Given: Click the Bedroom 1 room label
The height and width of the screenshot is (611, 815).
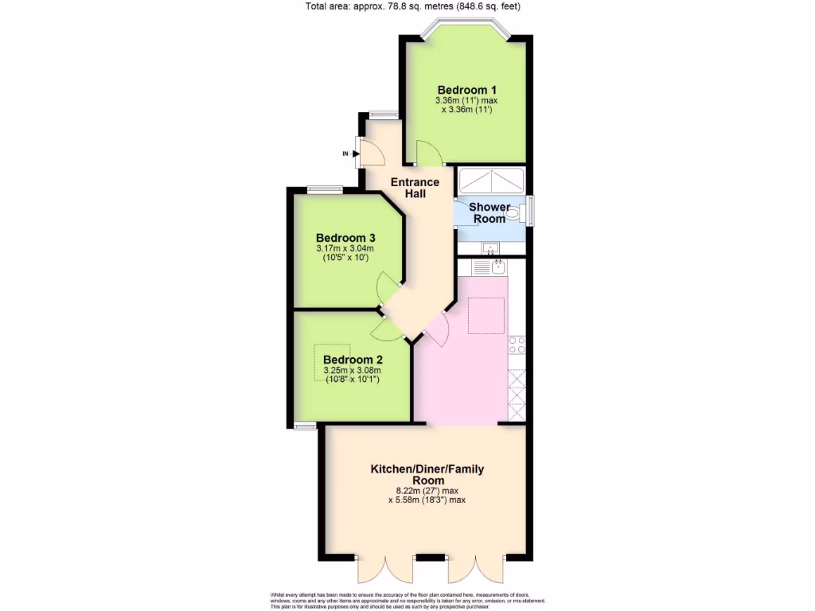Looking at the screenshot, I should click(x=466, y=89).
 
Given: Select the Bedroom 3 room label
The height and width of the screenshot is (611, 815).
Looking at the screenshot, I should click(x=345, y=238).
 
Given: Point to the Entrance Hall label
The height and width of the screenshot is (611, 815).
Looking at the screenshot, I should click(x=415, y=188).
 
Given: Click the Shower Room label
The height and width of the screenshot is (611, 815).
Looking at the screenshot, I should click(x=489, y=212).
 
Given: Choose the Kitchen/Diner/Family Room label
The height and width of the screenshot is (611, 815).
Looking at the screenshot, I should click(x=427, y=475).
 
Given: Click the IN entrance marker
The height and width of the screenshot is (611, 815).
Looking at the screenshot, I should click(x=345, y=154).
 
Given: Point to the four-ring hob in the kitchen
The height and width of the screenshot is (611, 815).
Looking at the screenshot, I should click(x=517, y=344).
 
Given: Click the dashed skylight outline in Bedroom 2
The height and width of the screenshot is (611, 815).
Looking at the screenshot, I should click(x=333, y=359).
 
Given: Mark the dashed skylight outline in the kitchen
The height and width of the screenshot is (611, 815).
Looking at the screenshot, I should click(x=485, y=315).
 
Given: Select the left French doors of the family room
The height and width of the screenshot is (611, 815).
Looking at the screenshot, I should click(x=384, y=568).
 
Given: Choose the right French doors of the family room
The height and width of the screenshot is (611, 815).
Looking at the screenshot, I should click(x=475, y=568).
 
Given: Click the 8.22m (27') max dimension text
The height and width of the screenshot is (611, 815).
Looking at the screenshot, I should click(x=427, y=491).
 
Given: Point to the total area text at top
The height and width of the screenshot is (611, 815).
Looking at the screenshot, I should click(x=413, y=7).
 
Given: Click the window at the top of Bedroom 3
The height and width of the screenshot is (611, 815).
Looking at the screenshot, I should click(x=326, y=189).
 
